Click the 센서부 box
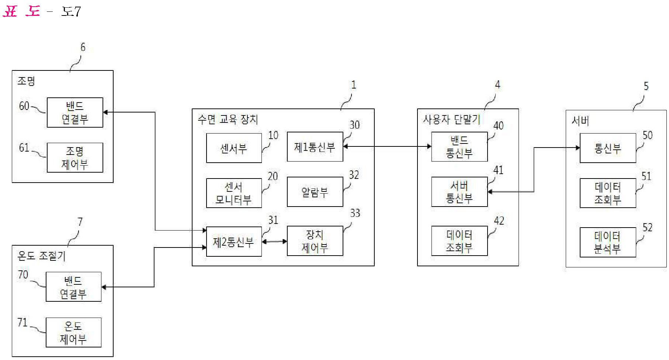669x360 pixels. click(x=234, y=148)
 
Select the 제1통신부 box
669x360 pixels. click(x=315, y=147)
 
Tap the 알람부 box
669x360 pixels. click(x=315, y=192)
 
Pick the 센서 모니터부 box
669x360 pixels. click(x=234, y=193)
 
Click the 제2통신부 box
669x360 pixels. click(x=234, y=242)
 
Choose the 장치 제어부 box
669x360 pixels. click(x=315, y=241)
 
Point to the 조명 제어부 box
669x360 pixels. click(x=75, y=157)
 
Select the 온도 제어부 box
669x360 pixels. click(x=73, y=332)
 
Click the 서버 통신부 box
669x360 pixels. click(x=459, y=192)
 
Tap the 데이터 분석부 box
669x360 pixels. click(x=607, y=242)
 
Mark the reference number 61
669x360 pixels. click(x=24, y=148)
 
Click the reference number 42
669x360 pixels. click(x=499, y=221)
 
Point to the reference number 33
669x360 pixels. click(x=355, y=213)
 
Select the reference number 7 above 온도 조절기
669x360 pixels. click(x=80, y=222)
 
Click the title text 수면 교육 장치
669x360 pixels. click(x=228, y=120)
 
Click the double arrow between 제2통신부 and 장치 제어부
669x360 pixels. click(x=274, y=242)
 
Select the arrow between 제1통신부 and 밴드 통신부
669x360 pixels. click(x=387, y=146)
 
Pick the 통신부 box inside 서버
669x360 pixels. click(x=607, y=148)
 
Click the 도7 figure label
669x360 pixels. click(x=71, y=12)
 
